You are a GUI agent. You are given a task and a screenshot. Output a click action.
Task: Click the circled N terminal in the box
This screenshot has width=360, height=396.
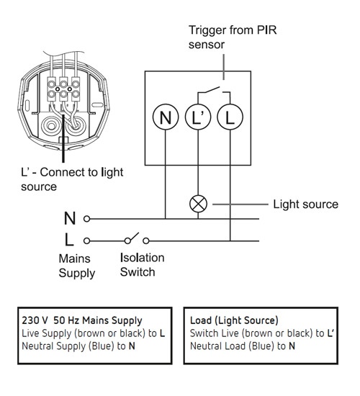coord(166,117)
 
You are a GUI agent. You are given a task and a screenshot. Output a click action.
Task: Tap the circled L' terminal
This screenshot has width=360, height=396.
coord(198,117)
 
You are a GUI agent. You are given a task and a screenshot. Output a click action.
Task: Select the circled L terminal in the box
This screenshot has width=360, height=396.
coord(230,117)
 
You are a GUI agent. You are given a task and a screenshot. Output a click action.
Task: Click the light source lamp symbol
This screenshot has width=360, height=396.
coord(198,204)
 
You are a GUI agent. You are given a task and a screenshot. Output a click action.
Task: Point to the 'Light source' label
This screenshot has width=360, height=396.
coord(306,204)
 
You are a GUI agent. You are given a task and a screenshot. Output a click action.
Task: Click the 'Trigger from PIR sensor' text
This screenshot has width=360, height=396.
coord(233,37)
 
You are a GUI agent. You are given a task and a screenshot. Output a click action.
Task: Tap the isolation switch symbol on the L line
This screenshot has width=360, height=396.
coord(137,239)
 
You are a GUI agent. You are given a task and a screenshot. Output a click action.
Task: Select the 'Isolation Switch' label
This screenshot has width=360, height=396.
coord(142,265)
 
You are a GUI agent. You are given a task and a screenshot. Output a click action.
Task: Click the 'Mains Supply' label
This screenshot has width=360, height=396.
coord(77,266)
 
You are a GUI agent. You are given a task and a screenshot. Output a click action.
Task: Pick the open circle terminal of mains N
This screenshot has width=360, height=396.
coord(86,219)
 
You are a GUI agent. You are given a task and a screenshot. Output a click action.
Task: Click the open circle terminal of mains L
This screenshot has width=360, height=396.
coord(86,241)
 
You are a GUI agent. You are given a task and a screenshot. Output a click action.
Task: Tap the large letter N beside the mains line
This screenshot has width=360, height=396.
coord(70,218)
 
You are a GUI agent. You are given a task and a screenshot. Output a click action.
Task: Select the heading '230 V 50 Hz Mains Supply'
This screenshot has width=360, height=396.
coord(82,320)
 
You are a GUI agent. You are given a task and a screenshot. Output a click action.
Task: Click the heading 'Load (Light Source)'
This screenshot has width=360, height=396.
coord(234,320)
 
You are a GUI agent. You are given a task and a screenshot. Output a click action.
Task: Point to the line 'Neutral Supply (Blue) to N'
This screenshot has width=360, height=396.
coord(78,346)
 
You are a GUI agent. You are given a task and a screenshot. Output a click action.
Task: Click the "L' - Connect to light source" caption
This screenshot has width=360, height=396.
coord(72,179)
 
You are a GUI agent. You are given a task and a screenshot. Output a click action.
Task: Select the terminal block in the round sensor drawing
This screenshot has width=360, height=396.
coord(63,89)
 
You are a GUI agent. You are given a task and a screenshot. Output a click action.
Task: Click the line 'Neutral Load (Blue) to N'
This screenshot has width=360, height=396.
coord(243,346)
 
